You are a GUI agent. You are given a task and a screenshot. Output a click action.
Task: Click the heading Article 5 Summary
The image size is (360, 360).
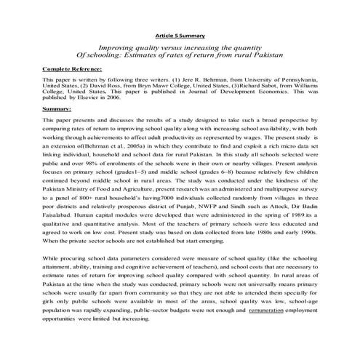(x=180, y=35)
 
